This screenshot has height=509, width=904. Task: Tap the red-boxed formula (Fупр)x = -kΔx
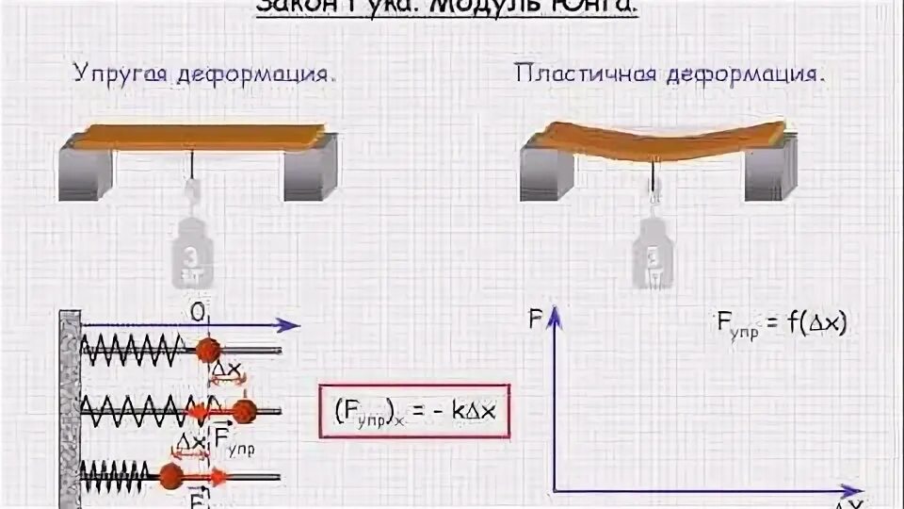point(414,411)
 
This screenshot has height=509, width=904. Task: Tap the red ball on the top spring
point(206,351)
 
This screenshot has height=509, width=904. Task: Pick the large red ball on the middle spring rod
point(244,410)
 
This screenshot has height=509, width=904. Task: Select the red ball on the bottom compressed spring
point(170,474)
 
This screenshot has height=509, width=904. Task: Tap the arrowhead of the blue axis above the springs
point(293,325)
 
